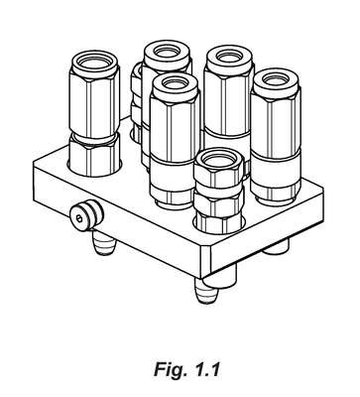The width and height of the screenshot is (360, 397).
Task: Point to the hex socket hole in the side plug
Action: tap(79, 217)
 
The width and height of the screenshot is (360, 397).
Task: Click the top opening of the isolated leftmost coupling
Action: tap(94, 62)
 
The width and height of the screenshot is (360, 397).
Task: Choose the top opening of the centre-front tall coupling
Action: tap(176, 85)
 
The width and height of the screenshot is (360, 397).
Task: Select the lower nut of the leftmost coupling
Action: tap(94, 156)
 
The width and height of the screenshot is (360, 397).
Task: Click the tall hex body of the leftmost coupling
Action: tap(93, 103)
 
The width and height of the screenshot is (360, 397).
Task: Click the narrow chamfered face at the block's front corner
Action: tap(206, 259)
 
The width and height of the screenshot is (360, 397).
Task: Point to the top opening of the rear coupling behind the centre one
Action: tap(168, 52)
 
